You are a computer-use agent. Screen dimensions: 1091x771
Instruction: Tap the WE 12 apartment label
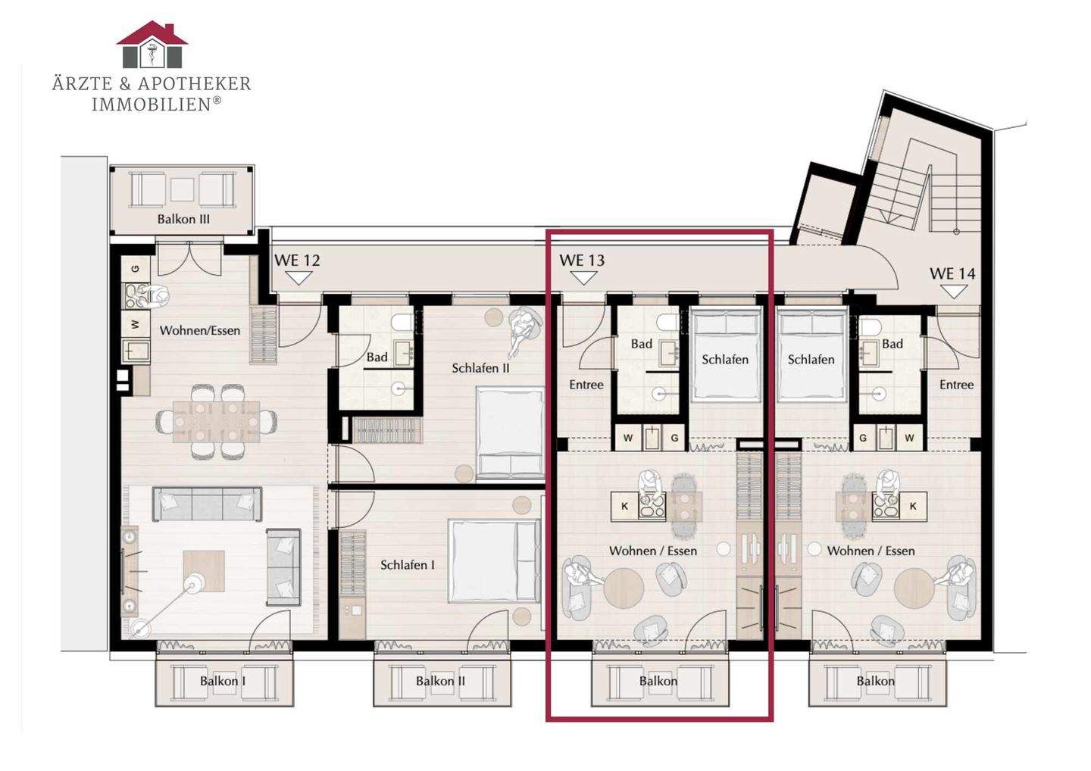[x=297, y=261]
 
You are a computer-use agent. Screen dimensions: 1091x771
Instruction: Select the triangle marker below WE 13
[x=583, y=279]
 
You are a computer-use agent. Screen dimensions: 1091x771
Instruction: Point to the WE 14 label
[x=952, y=273]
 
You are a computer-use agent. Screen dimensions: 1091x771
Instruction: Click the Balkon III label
[x=183, y=219]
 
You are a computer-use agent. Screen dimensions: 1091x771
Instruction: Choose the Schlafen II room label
[x=480, y=368]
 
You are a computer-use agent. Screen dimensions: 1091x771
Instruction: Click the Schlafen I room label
[x=407, y=565]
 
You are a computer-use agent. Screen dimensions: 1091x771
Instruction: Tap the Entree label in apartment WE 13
[x=586, y=385]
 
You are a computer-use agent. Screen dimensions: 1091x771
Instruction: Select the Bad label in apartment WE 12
[x=377, y=357]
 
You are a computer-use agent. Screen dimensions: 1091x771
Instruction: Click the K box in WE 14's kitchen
[x=913, y=506]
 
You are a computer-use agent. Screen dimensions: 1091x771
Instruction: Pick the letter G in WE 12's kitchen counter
[x=136, y=269]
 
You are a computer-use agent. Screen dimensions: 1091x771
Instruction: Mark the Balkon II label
[x=440, y=681]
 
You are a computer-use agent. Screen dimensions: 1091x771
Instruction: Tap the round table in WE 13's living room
[x=624, y=588]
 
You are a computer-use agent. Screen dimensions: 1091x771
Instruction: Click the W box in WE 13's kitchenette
[x=628, y=438]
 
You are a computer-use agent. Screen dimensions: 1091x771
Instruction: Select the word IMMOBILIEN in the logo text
[x=152, y=105]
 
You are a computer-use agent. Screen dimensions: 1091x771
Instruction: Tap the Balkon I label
[x=223, y=681]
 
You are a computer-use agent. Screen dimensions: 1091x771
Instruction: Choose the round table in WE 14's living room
[x=914, y=588]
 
